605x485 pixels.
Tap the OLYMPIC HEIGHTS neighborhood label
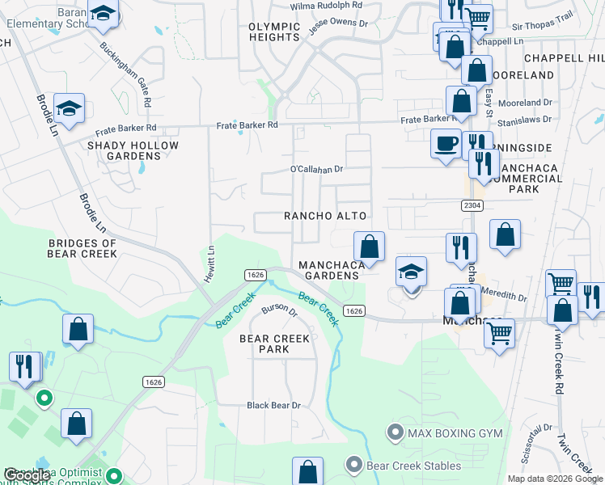(x=274, y=32)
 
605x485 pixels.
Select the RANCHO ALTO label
(x=325, y=216)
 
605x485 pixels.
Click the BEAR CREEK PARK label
(x=274, y=344)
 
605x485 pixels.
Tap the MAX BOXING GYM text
(x=455, y=433)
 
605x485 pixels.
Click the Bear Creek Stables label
(x=412, y=466)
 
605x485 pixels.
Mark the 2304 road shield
(x=474, y=205)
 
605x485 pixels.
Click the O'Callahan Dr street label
(x=317, y=170)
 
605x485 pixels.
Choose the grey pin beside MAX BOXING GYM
(x=395, y=432)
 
